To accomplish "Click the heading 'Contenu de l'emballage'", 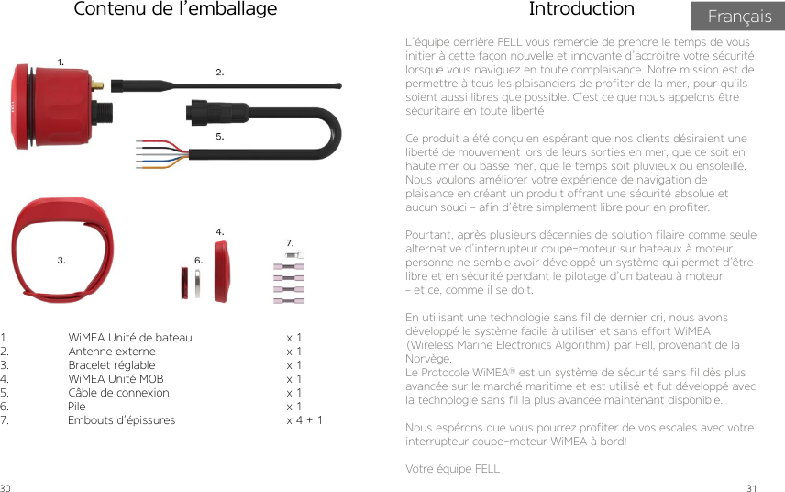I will [174, 10].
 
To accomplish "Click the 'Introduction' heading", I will [581, 10].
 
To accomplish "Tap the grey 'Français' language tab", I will [739, 17].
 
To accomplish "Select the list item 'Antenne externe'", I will [112, 352].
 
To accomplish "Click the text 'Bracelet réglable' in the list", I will [112, 365].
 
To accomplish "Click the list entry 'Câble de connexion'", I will [118, 393].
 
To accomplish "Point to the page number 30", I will [6, 486].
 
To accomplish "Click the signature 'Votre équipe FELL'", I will [452, 469].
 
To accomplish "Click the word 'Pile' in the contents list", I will [76, 407].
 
